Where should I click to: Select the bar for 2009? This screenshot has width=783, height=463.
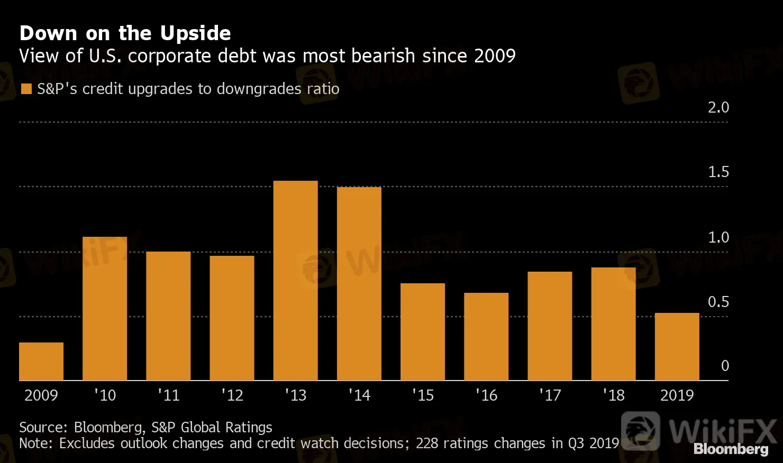41,362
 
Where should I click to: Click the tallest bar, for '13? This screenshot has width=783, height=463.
295,281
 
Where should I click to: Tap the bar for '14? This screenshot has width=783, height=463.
359,284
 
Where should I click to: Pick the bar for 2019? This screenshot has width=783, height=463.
677,347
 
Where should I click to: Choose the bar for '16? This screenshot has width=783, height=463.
486,337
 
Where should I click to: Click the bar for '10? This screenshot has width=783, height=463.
105,309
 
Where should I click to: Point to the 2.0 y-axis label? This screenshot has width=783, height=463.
718,107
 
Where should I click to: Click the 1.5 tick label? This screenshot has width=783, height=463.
718,172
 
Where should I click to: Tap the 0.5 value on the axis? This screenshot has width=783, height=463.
718,302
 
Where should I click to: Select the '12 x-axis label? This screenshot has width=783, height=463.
232,395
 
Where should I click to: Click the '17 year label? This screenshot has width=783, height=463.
550,395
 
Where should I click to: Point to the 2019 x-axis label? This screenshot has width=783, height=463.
677,395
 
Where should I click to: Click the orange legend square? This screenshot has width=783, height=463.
26,89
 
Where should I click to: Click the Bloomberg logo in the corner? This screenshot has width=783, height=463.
731,449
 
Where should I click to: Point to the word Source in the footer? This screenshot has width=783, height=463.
42,427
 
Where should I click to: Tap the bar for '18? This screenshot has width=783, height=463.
613,324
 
